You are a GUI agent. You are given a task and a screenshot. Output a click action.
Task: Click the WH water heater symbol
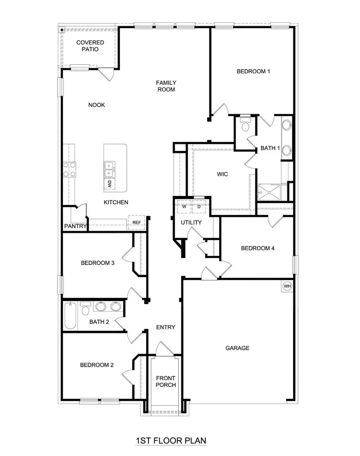click(x=287, y=286)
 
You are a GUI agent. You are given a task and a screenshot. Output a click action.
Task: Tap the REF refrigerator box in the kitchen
click(x=137, y=222)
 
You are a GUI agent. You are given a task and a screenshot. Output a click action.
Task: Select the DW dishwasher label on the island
click(x=109, y=184)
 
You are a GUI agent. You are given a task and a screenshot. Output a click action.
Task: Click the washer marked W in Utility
click(x=184, y=207)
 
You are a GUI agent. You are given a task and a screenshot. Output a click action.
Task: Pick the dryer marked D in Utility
click(x=198, y=207)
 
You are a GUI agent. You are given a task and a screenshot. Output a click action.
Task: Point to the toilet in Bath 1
click(x=245, y=124)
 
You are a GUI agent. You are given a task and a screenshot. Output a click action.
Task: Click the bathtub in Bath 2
click(x=70, y=316)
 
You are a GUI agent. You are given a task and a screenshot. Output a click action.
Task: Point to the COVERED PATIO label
click(x=90, y=46)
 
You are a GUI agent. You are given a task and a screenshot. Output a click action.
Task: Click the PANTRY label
click(x=76, y=226)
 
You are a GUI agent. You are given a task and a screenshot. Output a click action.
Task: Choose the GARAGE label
click(x=237, y=348)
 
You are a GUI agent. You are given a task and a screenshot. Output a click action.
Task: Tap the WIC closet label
click(x=222, y=174)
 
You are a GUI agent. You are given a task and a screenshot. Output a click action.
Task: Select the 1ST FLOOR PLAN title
click(x=171, y=441)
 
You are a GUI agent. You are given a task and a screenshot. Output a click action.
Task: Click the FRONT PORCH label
click(x=166, y=382)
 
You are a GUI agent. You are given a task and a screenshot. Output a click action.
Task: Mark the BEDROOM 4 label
click(x=258, y=248)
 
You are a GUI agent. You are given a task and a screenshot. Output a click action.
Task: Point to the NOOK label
click(x=96, y=105)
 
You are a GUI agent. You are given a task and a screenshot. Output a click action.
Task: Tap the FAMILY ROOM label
click(x=166, y=86)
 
